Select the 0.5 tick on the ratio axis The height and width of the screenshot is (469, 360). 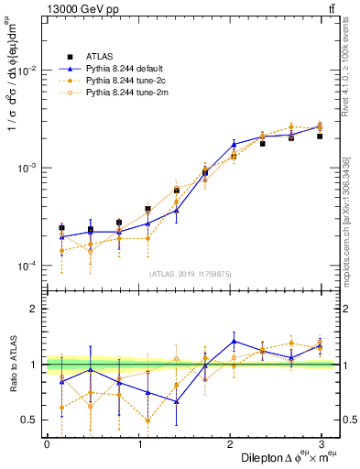point(27,420)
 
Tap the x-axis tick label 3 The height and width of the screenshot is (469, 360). point(322,444)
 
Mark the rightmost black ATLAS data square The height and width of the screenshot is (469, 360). point(320,136)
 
